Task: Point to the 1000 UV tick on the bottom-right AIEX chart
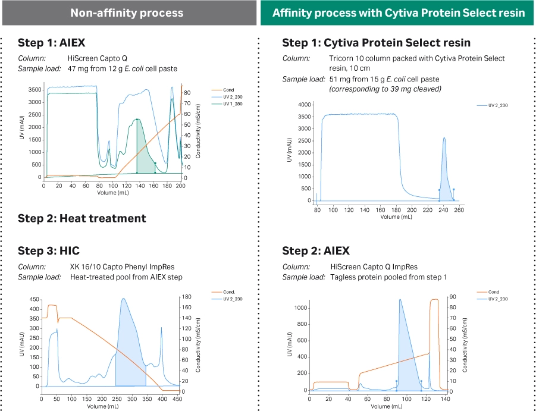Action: tap(303, 308)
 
